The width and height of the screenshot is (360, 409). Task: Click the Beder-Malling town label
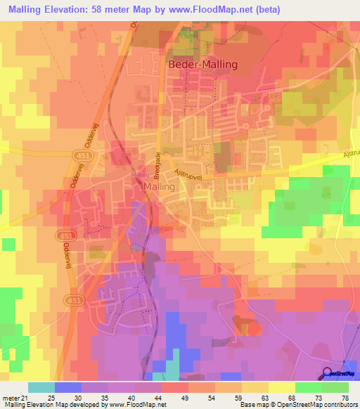tap(203, 64)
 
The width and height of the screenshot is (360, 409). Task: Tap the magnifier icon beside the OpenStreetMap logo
tap(327, 372)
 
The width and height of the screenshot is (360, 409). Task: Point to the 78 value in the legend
tap(345, 397)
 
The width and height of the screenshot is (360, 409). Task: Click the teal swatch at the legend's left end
tap(41, 387)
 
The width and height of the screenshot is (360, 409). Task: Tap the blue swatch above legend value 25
tap(68, 387)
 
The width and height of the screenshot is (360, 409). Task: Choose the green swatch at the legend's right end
tap(335, 387)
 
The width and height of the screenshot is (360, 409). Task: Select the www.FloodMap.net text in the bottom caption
tap(134, 405)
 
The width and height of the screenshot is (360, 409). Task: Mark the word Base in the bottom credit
tap(245, 405)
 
